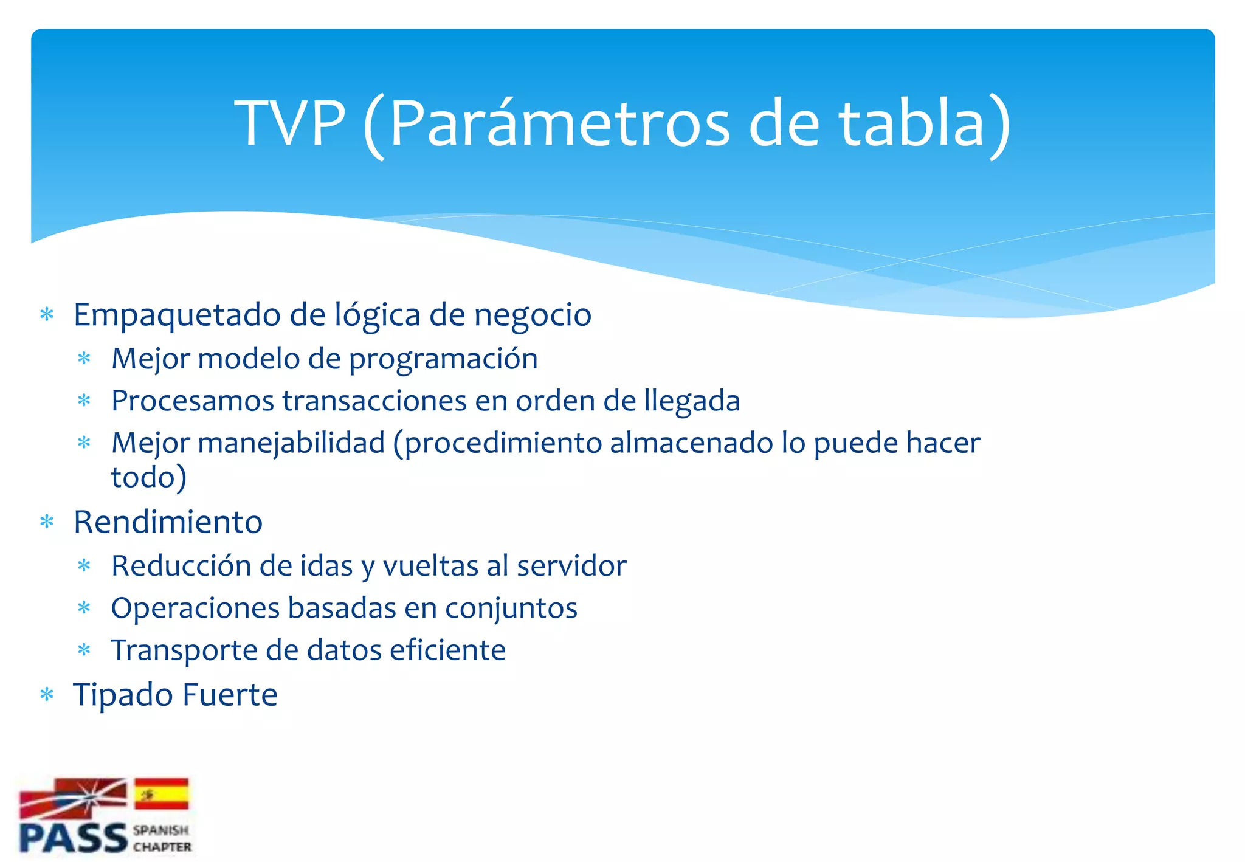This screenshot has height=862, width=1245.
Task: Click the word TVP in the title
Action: pos(290,123)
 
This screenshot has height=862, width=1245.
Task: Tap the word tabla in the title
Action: pos(911,123)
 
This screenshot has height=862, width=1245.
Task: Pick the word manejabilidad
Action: pos(291,443)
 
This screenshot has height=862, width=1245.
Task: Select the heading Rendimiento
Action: pos(168,522)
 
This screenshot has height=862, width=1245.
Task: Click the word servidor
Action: pos(571,566)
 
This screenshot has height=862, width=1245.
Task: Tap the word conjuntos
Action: pos(511,609)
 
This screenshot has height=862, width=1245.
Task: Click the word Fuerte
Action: pos(230,695)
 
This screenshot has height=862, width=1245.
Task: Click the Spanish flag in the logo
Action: pos(162,793)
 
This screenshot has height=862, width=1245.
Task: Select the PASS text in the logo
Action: pos(73,838)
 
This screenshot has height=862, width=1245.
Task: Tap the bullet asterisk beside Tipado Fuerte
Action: pos(47,694)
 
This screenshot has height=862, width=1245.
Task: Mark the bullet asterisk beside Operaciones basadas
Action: pos(84,608)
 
